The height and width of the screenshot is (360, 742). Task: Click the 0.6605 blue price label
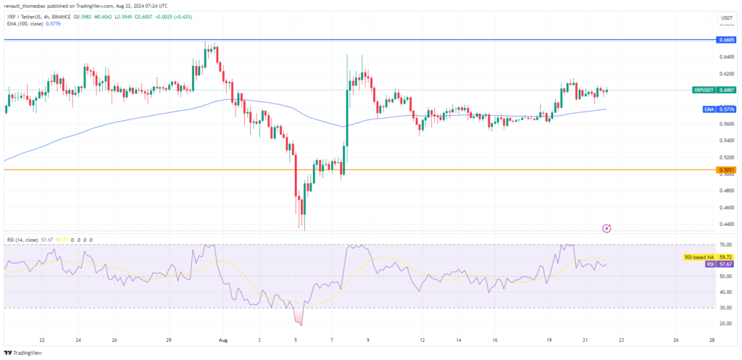point(725,40)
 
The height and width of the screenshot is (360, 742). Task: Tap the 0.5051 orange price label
point(725,170)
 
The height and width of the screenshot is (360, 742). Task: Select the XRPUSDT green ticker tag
point(704,91)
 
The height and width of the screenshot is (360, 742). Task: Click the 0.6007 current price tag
point(726,91)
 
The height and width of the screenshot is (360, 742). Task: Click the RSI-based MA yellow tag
point(699,257)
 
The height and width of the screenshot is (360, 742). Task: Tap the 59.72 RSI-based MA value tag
point(725,257)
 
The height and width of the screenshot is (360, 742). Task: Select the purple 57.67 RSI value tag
point(725,264)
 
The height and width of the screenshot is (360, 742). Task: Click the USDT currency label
point(725,17)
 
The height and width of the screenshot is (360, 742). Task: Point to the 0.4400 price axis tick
point(725,223)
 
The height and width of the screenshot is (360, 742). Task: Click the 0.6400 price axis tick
point(725,57)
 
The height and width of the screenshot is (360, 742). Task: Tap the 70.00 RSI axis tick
point(725,245)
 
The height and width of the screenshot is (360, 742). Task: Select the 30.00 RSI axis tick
point(725,308)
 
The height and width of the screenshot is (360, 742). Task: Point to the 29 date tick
point(169,340)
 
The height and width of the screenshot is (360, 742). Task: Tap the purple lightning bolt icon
point(607,228)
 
